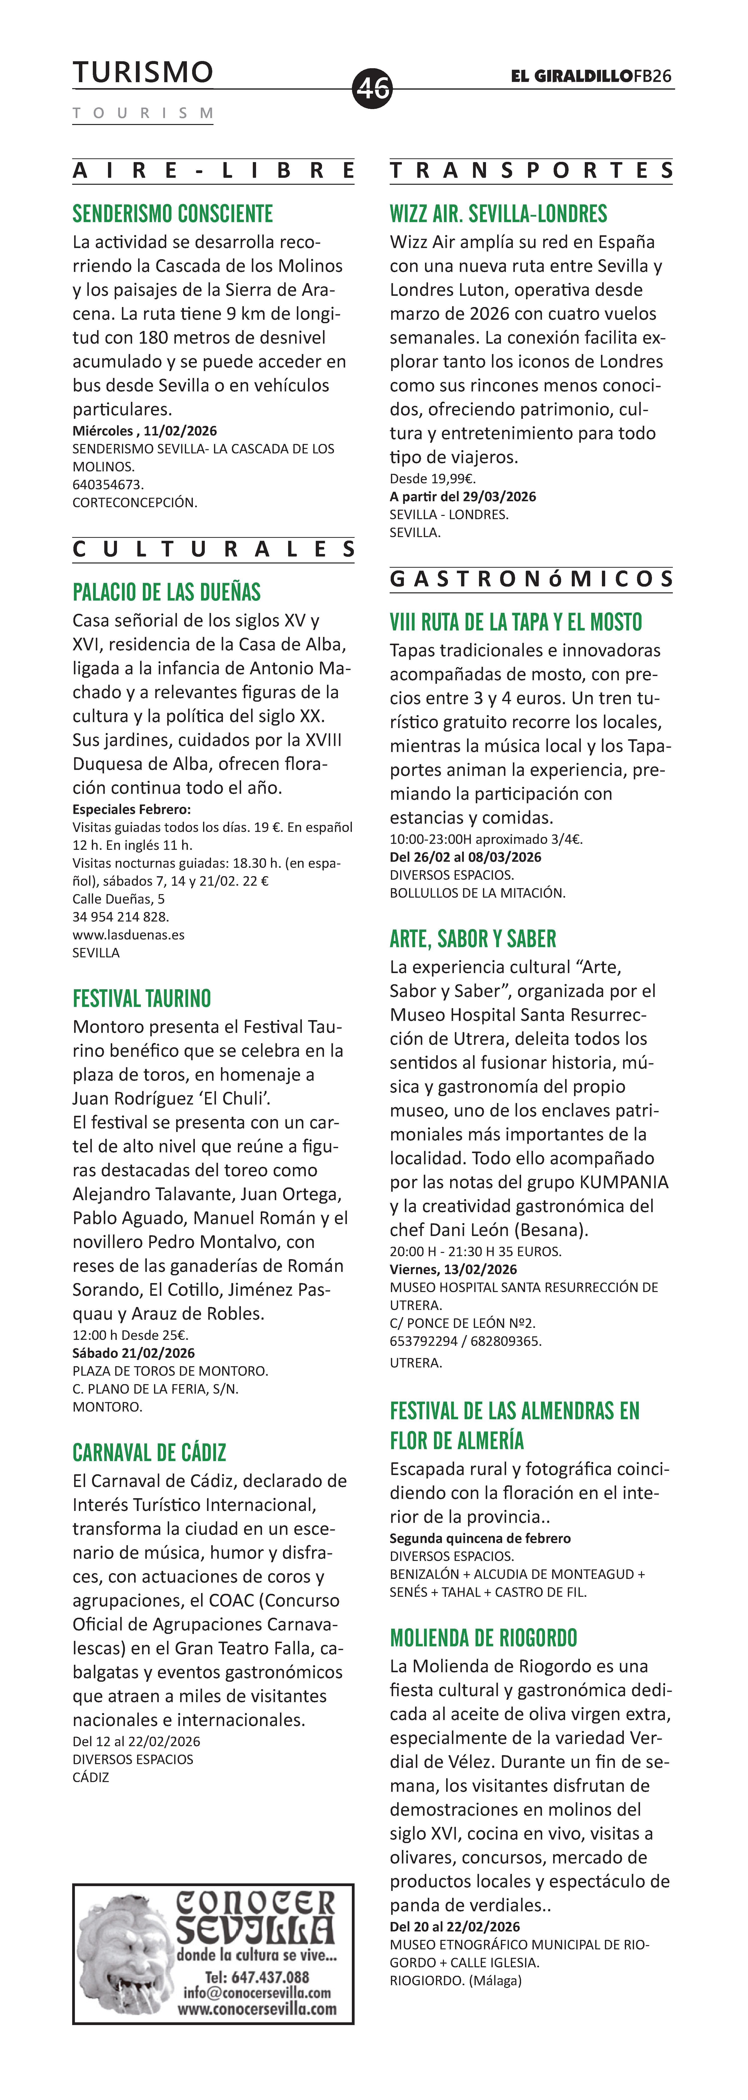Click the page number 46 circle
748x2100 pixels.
tap(372, 88)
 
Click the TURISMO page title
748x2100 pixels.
tap(143, 72)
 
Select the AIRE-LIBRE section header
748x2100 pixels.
tap(214, 171)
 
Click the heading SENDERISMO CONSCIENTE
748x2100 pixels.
tap(173, 214)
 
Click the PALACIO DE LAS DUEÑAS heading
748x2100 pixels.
tap(167, 592)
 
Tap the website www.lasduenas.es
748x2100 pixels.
tap(129, 934)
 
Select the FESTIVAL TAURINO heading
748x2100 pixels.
tap(142, 999)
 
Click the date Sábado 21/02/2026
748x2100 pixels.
tap(134, 1353)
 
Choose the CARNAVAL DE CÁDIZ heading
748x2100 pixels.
tap(149, 1453)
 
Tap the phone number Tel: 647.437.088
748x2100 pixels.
tap(257, 1977)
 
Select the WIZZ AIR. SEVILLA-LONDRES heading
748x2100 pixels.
tap(499, 214)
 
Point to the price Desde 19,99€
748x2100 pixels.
tap(433, 479)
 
